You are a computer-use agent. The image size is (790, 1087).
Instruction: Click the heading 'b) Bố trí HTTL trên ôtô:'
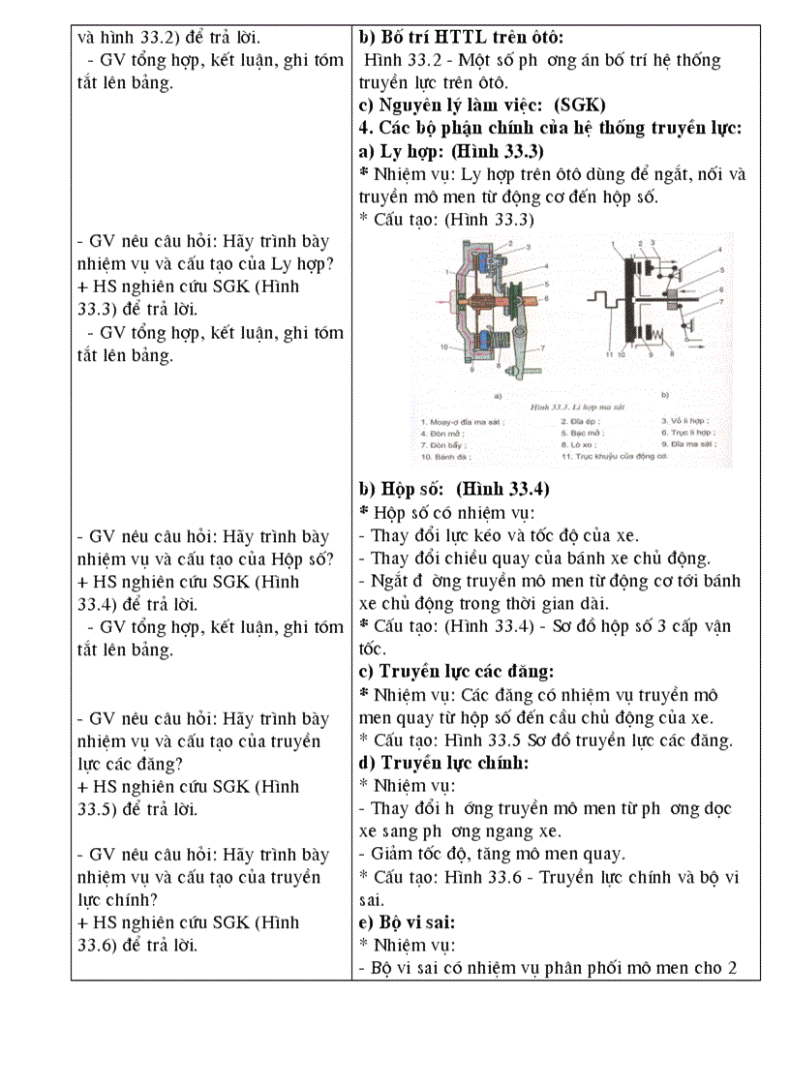[461, 38]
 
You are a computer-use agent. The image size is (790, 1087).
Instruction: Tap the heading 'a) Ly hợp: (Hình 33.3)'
[451, 152]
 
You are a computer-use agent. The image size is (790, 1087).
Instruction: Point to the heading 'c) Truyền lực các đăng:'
[456, 672]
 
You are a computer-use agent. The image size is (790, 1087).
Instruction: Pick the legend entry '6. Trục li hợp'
[695, 432]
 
